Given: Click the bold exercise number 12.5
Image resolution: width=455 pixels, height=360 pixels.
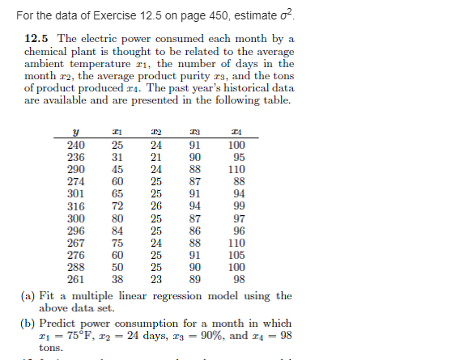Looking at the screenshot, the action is coord(37,39).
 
